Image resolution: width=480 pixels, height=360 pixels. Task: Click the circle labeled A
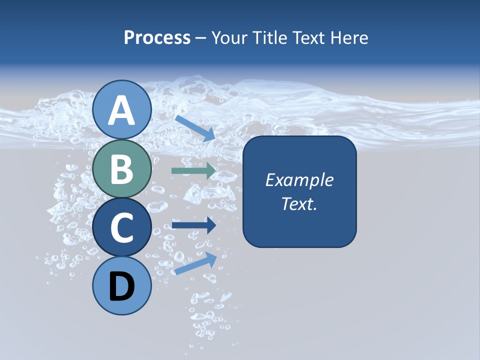pos(122,109)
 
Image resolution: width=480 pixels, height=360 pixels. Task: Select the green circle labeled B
pos(122,169)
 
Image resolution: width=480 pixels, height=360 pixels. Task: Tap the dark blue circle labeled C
pos(122,227)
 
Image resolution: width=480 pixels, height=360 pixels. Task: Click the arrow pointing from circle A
pos(195,128)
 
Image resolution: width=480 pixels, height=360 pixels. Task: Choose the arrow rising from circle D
pos(195,263)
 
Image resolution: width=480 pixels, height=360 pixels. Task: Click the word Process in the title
pos(157,37)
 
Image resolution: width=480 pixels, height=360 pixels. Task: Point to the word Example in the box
pos(299,180)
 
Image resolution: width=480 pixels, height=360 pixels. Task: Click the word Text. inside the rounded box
pos(299,204)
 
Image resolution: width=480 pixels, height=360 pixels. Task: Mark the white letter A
pos(122,110)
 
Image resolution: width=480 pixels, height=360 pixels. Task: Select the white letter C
pos(122,228)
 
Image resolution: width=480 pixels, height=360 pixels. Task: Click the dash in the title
pos(201,38)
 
